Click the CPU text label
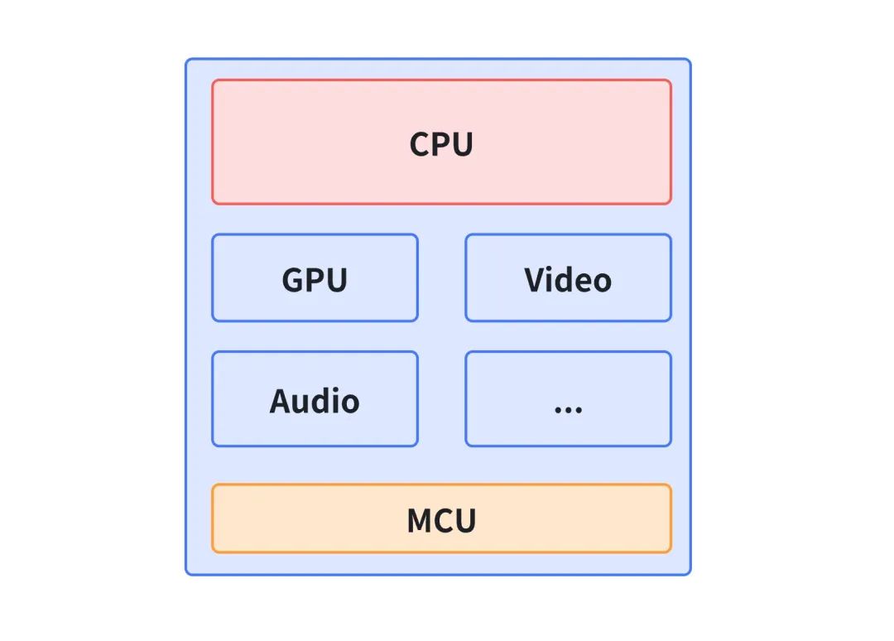click(441, 144)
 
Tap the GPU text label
click(315, 280)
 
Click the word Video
click(568, 280)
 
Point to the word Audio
click(315, 401)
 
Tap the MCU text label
click(441, 521)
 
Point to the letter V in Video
click(534, 280)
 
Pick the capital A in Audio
click(281, 401)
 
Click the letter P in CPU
click(442, 144)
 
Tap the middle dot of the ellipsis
click(568, 410)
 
